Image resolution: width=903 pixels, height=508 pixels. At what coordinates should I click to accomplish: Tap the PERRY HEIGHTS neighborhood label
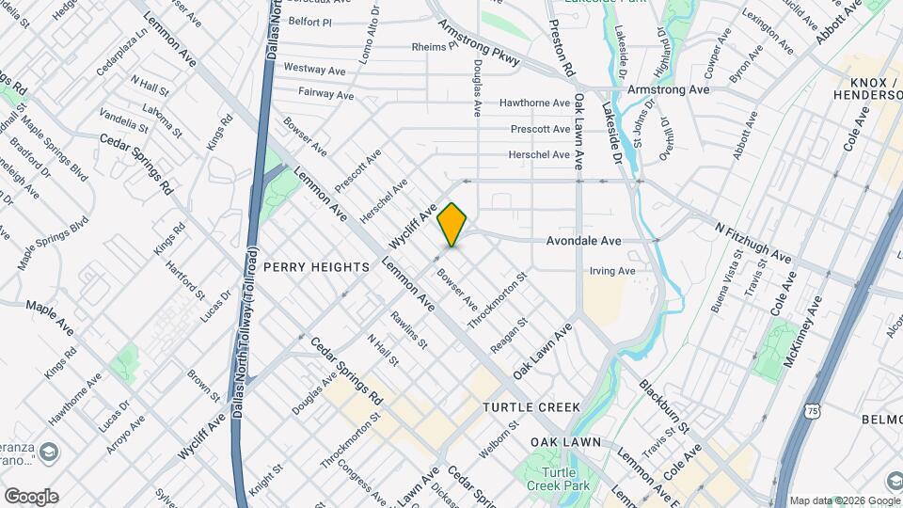pos(316,267)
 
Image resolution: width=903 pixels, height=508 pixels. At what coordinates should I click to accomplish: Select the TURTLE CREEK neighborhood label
pos(531,407)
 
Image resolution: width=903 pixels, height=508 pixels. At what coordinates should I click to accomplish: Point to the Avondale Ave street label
pos(584,241)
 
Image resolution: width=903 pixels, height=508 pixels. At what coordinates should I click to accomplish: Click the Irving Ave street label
pos(612,271)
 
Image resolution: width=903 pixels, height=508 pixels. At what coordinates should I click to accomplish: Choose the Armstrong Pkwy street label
pos(480,44)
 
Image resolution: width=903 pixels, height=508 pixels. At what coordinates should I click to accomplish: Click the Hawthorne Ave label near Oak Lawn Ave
pos(534,103)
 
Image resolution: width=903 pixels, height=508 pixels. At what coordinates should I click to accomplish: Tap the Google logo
pos(30,497)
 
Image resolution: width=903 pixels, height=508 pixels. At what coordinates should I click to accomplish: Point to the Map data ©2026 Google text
pos(844,500)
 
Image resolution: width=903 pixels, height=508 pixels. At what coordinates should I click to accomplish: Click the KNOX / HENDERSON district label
pos(867,87)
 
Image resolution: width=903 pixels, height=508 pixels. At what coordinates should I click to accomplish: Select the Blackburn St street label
pos(666,404)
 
